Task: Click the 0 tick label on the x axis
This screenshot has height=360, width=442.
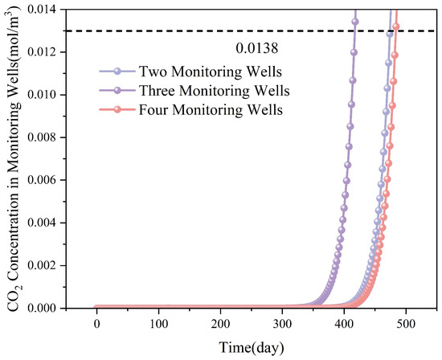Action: coord(96,323)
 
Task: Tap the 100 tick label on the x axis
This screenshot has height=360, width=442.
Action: coord(158,323)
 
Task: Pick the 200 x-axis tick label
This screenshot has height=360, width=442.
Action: coord(220,323)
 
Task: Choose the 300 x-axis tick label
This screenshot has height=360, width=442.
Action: coord(282,323)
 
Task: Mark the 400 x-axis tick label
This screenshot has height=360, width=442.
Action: coord(344,323)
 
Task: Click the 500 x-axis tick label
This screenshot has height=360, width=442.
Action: coord(406,323)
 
